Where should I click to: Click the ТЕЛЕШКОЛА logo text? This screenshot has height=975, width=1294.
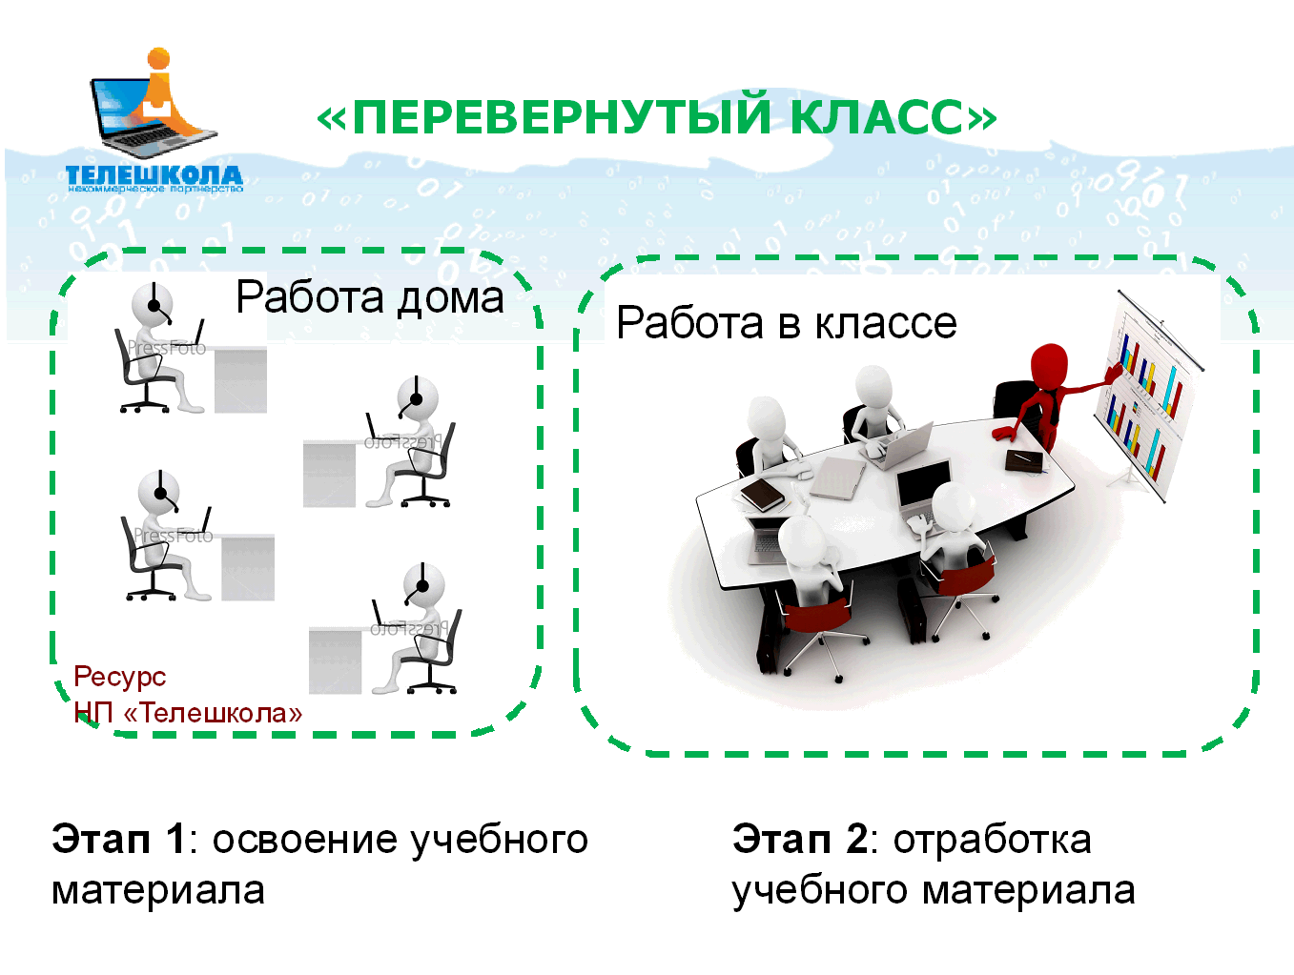[x=154, y=175]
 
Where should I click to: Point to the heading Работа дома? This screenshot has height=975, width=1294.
[x=370, y=297]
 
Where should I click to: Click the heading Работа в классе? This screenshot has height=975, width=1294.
[x=787, y=323]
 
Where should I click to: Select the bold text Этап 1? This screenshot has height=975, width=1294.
[x=118, y=839]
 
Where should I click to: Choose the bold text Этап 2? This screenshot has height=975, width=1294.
[x=799, y=839]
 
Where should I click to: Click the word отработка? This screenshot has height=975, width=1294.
[x=992, y=842]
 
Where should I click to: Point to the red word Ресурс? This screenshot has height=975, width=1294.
[x=119, y=678]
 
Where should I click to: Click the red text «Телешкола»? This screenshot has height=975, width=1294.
[x=213, y=713]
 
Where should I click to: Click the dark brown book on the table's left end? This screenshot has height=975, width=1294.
[x=761, y=495]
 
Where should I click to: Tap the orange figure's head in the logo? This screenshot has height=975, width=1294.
[x=158, y=59]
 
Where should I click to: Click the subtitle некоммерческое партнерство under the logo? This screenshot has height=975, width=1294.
[x=155, y=189]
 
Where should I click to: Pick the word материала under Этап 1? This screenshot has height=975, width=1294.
[x=158, y=891]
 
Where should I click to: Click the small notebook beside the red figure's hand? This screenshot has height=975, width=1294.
[x=1024, y=459]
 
